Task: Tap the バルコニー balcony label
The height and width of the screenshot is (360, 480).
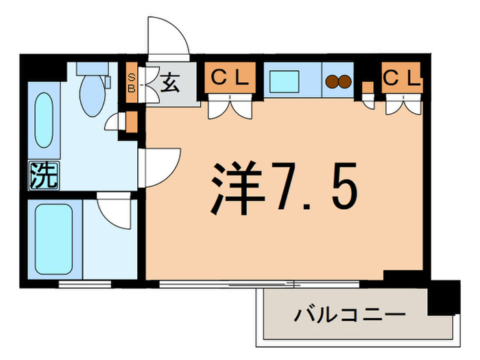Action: [x=348, y=316]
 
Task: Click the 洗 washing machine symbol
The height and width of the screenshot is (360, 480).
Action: [x=43, y=176]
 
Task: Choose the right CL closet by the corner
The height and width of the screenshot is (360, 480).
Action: [x=401, y=77]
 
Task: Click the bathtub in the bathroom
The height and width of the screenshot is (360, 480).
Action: [x=54, y=239]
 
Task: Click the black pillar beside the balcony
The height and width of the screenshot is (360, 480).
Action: [x=446, y=297]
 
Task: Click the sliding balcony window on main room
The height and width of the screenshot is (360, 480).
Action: [x=261, y=282]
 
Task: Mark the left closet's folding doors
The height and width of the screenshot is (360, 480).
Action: [x=229, y=106]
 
